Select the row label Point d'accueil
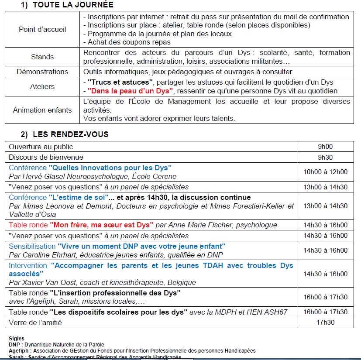point(42,29)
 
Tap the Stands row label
point(42,57)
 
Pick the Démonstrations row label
point(42,72)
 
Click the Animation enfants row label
point(42,110)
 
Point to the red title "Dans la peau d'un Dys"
point(131,91)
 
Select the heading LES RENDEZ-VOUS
point(70,134)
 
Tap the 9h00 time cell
point(325,147)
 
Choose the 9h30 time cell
point(325,157)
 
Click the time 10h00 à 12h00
point(325,171)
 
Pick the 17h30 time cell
point(325,322)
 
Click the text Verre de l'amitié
point(35,322)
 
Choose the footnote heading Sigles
point(17,338)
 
